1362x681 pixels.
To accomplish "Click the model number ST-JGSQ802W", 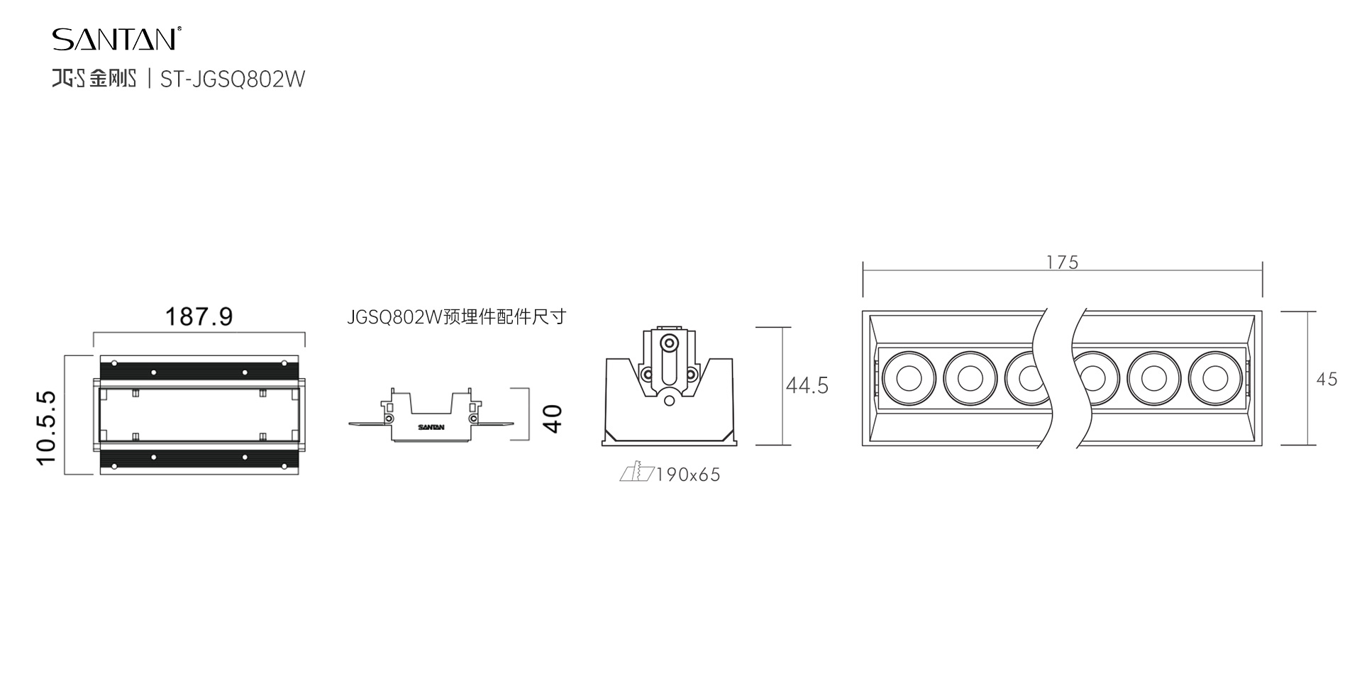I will click(x=233, y=79).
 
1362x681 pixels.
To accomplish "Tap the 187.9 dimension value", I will click(x=199, y=316).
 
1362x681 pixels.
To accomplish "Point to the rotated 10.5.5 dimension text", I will click(x=47, y=428).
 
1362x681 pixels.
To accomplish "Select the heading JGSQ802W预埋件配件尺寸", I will click(x=456, y=316).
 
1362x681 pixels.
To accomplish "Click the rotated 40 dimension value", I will click(x=553, y=418).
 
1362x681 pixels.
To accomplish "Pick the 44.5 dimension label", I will click(x=807, y=386).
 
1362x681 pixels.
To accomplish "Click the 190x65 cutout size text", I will click(x=688, y=475).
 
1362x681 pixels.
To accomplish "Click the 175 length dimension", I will click(x=1062, y=262).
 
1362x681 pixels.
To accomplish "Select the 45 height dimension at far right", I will click(x=1327, y=380).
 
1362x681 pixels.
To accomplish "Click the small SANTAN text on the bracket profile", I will click(x=431, y=427).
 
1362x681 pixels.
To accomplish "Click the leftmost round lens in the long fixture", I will click(x=908, y=378).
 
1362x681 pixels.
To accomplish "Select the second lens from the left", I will click(x=969, y=378).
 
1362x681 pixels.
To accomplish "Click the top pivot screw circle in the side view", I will click(x=668, y=343).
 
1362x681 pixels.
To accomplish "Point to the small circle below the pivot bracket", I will click(x=669, y=401).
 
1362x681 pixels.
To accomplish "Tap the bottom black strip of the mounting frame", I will click(x=199, y=459).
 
